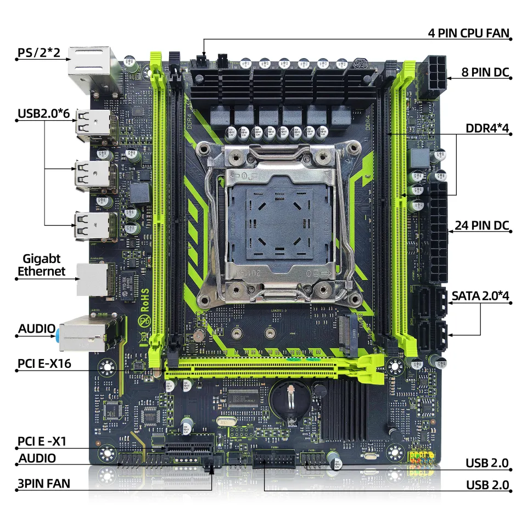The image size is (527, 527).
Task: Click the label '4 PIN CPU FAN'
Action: coord(469,32)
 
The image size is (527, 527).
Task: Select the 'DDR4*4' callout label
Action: coord(487,128)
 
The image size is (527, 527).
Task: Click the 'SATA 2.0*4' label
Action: coord(481,295)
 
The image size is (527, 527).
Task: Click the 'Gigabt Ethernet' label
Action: coord(41,265)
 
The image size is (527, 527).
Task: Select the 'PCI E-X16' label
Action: coord(44,363)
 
